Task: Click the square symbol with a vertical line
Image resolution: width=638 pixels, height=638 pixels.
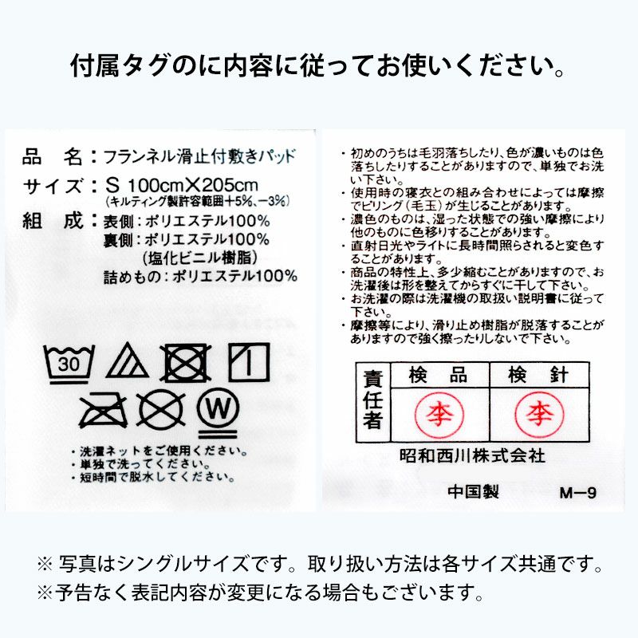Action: (x=249, y=363)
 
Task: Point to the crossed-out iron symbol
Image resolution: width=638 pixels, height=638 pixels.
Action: (x=99, y=408)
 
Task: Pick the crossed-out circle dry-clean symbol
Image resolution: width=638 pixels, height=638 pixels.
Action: (x=160, y=408)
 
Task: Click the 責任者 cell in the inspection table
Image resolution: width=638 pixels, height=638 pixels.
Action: (x=371, y=400)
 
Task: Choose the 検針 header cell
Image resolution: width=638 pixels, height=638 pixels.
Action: (x=539, y=373)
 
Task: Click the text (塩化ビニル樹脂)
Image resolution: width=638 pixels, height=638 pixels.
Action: (x=200, y=258)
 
